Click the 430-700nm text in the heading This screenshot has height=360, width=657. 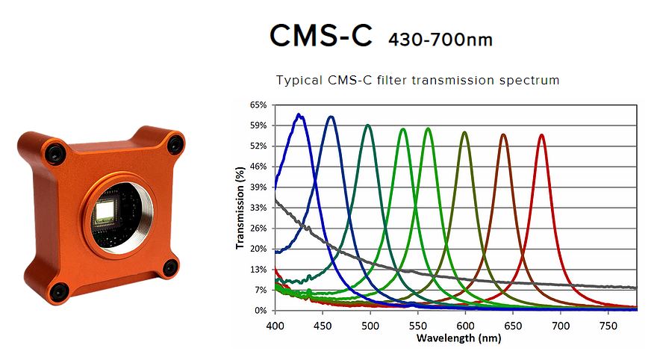[440, 39]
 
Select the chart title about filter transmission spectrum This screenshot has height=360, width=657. [417, 79]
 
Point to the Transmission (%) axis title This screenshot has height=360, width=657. [240, 208]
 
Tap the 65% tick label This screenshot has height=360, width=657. [258, 105]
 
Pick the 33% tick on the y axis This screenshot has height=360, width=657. [258, 208]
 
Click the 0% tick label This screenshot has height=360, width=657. [261, 310]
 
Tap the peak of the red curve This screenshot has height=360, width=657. [541, 135]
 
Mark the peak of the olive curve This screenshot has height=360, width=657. [464, 133]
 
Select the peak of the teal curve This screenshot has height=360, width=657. [368, 125]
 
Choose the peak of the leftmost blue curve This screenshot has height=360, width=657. [299, 115]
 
